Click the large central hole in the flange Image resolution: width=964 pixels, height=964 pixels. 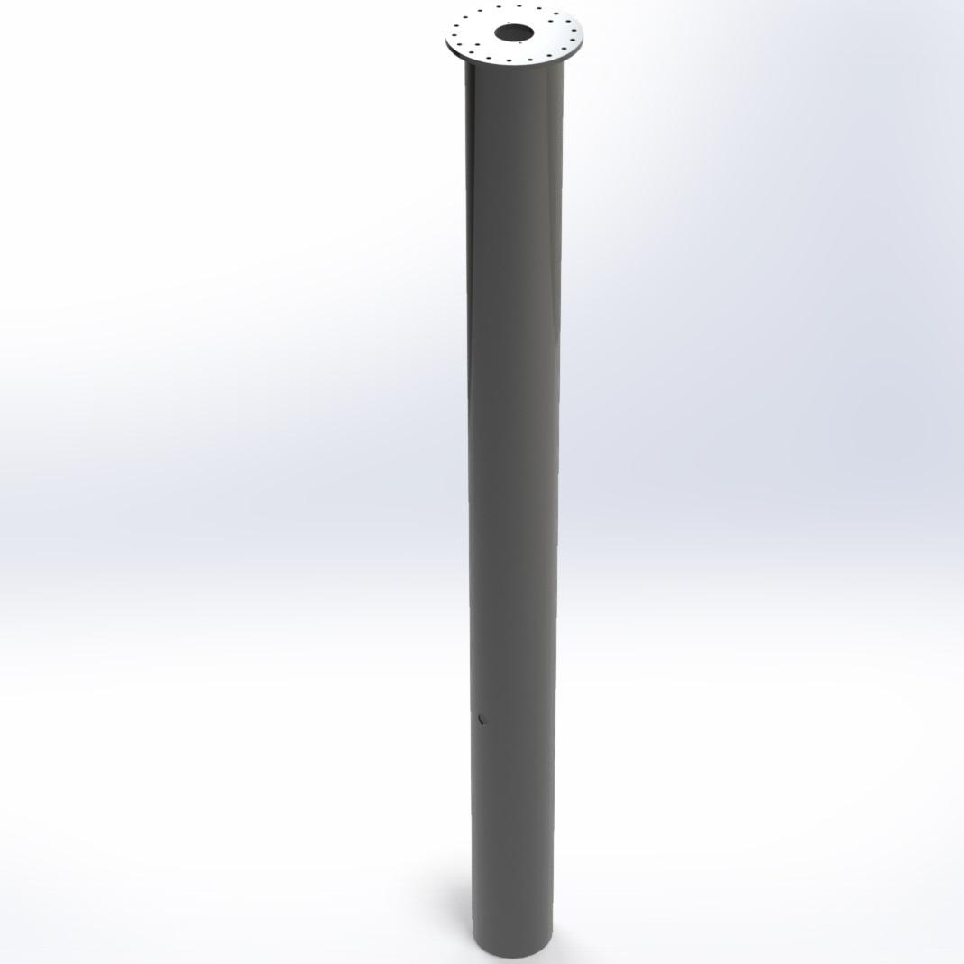coord(514,32)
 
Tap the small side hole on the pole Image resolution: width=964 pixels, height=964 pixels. coord(482,719)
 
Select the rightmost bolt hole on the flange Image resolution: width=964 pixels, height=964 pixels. coord(574,31)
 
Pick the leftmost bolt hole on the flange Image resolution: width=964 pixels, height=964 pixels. coord(454,35)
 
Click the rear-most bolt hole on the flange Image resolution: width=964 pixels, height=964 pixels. coord(519,5)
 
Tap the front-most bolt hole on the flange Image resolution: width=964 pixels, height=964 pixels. coord(509,60)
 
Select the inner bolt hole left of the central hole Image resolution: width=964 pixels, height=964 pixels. coord(477,44)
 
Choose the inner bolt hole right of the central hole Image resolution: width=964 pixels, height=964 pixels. coord(550,21)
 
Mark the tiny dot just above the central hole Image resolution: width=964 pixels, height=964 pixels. coord(509,23)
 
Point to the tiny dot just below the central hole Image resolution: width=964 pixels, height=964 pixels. coord(520,42)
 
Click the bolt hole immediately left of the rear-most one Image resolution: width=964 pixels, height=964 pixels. coord(499,6)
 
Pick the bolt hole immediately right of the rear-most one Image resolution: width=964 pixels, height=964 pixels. coord(539,8)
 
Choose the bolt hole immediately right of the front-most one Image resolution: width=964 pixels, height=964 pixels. coord(530,60)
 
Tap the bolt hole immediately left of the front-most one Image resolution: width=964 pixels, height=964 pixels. coord(489,58)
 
